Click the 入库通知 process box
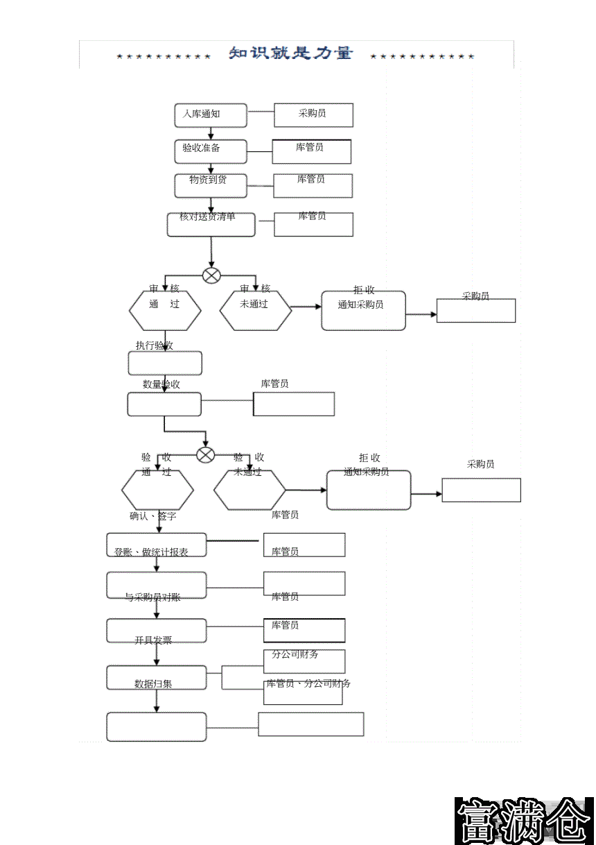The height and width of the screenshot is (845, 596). [x=210, y=115]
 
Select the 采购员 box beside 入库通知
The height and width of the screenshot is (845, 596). [x=313, y=115]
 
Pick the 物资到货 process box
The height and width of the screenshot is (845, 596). [x=210, y=185]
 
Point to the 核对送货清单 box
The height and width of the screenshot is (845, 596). [x=211, y=224]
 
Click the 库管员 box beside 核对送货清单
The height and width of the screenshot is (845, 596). [x=313, y=224]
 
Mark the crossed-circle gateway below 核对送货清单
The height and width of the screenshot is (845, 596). [x=211, y=275]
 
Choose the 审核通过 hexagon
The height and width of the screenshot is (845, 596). [x=165, y=310]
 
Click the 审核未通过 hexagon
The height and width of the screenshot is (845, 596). [x=255, y=310]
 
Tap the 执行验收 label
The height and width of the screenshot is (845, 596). [x=155, y=345]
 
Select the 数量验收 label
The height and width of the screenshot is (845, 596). [x=161, y=384]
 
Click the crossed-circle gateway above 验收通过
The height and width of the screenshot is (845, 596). [x=206, y=455]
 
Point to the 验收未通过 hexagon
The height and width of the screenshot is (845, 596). [x=249, y=490]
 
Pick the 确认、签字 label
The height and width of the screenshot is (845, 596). [x=153, y=516]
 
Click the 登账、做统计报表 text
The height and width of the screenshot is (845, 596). [x=151, y=552]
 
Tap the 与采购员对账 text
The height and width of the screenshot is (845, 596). [x=152, y=597]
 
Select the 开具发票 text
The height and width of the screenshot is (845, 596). [x=153, y=640]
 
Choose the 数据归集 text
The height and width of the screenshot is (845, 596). [x=153, y=684]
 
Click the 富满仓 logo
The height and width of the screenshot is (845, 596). [x=524, y=821]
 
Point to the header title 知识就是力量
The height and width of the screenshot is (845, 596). [x=291, y=53]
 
